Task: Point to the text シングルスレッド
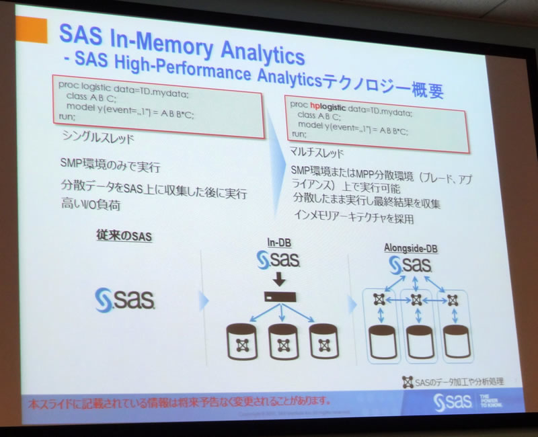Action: click(93, 138)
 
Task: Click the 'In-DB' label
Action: click(278, 242)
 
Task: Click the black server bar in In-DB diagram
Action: click(278, 296)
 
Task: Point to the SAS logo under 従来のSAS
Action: click(126, 299)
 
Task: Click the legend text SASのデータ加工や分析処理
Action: click(457, 381)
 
